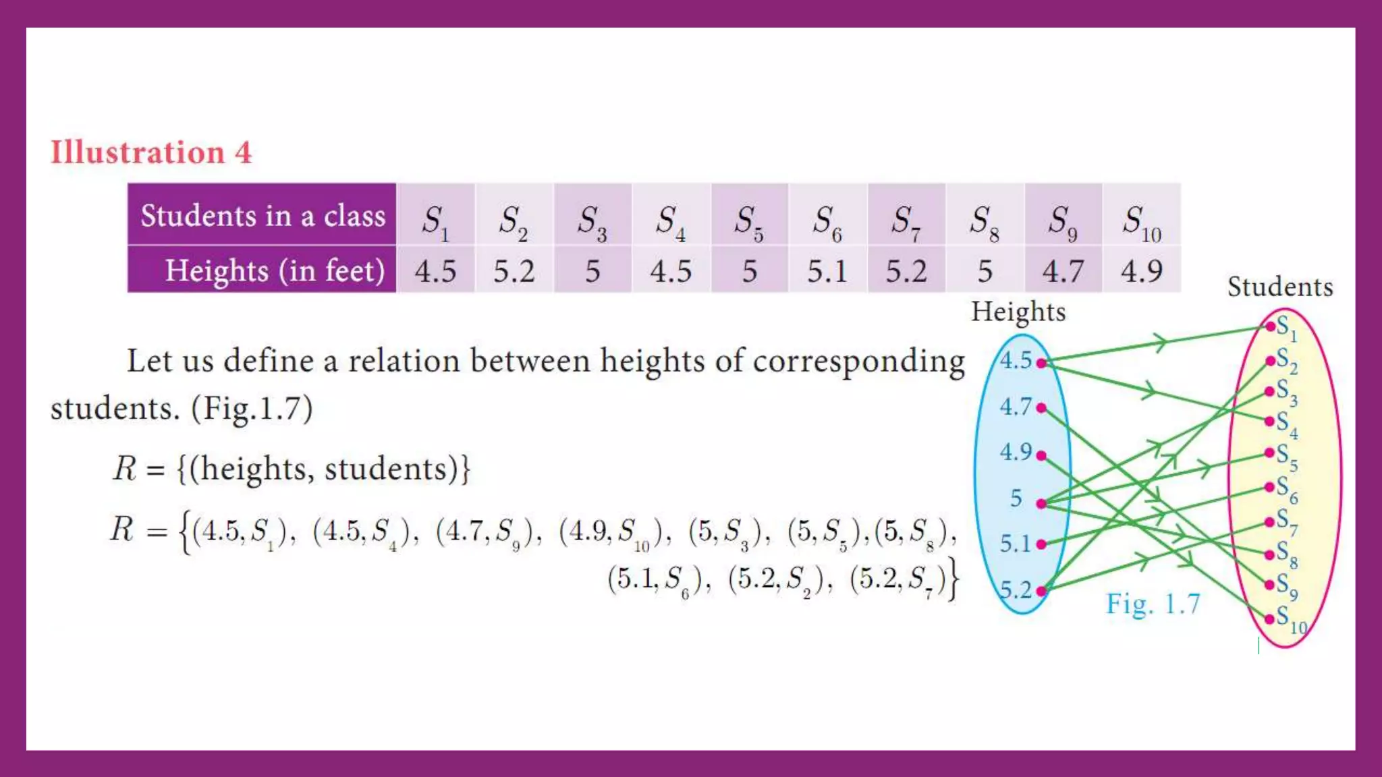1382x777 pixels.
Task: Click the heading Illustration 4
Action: (x=151, y=152)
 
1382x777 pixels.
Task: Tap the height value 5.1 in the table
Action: (x=827, y=271)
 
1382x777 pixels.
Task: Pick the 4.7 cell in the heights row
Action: (x=1063, y=271)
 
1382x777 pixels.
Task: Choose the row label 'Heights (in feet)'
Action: (x=275, y=270)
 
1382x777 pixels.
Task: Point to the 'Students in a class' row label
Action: (x=262, y=216)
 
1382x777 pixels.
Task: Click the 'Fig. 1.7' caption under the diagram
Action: (x=1153, y=604)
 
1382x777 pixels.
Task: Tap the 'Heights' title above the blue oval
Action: (x=1018, y=312)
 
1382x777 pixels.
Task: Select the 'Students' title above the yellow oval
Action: (x=1280, y=287)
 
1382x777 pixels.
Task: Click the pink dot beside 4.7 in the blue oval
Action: (x=1041, y=407)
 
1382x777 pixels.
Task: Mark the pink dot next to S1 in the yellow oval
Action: (x=1270, y=326)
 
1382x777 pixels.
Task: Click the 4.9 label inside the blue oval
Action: (x=1016, y=452)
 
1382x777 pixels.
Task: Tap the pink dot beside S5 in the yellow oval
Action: (x=1269, y=453)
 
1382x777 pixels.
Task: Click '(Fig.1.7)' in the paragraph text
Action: (x=252, y=408)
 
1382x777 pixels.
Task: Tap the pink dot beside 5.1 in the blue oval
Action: (x=1041, y=544)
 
